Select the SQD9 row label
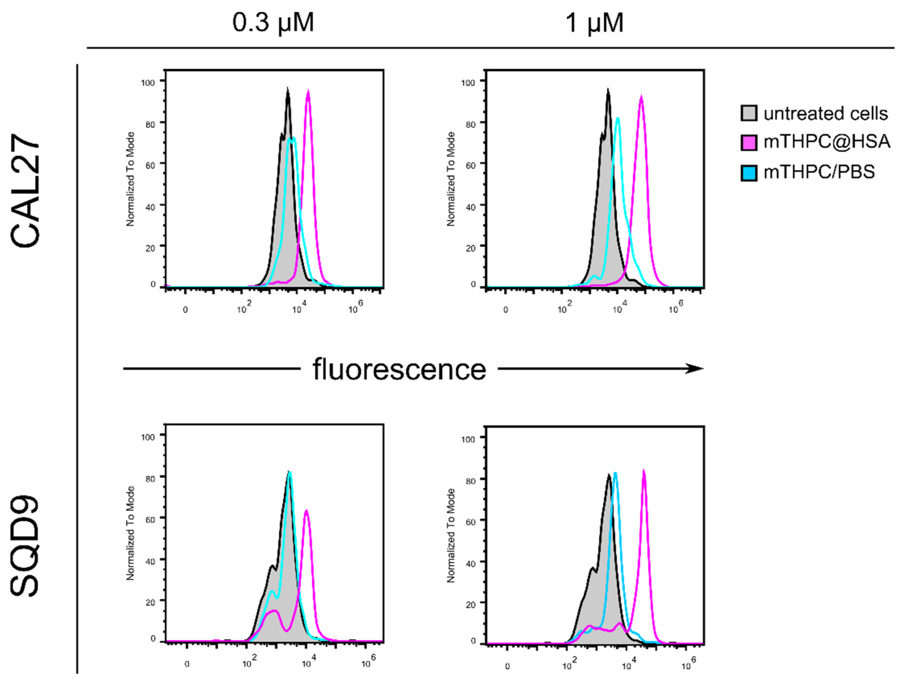click(25, 547)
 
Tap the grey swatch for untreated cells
click(749, 113)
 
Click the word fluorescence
click(399, 369)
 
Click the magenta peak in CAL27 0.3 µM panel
click(308, 92)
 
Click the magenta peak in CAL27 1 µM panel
click(641, 97)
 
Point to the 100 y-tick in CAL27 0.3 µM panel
click(148, 83)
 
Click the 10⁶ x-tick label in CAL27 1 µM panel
click(675, 308)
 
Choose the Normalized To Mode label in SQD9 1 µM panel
click(451, 535)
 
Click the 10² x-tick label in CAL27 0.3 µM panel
click(244, 308)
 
